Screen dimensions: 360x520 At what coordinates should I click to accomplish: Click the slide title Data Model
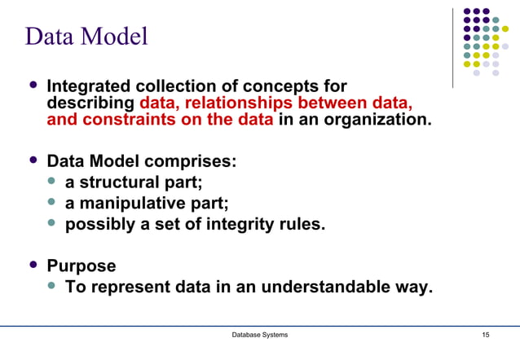pos(86,37)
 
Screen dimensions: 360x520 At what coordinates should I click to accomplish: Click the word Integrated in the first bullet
pos(90,87)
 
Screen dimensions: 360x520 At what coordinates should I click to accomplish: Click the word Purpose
pos(82,266)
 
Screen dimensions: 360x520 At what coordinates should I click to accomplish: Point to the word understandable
pos(314,288)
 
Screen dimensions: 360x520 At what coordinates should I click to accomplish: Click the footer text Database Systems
pos(260,335)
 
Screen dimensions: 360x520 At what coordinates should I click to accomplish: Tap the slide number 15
pos(486,335)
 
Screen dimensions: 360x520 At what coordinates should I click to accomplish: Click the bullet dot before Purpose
pos(33,265)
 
